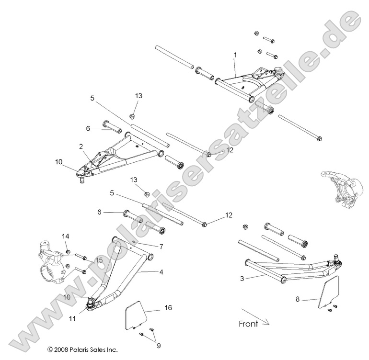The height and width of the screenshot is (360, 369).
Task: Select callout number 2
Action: [x=81, y=146]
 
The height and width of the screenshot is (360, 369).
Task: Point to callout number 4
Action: [x=161, y=272]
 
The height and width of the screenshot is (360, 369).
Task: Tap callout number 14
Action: [x=66, y=236]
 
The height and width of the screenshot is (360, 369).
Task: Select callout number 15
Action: [x=99, y=260]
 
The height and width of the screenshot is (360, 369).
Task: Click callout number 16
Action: [x=168, y=307]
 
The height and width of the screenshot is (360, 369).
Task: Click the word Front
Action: [x=248, y=324]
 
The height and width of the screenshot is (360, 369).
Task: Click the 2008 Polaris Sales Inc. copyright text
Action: [x=82, y=350]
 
